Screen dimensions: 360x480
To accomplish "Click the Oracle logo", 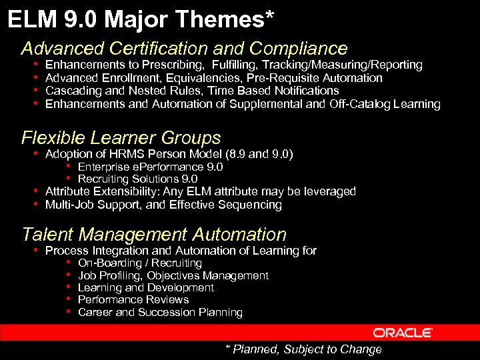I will (403, 333).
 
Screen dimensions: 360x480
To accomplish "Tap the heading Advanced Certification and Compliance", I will (184, 49).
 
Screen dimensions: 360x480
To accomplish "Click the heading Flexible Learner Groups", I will (121, 138).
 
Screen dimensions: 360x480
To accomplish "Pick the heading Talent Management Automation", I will (154, 235).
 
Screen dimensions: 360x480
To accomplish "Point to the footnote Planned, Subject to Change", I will (303, 349).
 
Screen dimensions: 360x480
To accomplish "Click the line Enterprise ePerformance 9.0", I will (150, 167).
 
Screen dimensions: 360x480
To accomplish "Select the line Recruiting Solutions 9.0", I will (137, 179).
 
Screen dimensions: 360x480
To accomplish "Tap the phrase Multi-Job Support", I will (93, 205).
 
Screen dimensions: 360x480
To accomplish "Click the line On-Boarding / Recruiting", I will (139, 263).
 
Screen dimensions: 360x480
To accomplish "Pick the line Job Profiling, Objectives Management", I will (173, 275).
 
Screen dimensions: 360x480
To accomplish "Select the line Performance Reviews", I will (133, 300).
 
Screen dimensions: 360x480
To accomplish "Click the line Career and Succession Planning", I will (160, 312).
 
